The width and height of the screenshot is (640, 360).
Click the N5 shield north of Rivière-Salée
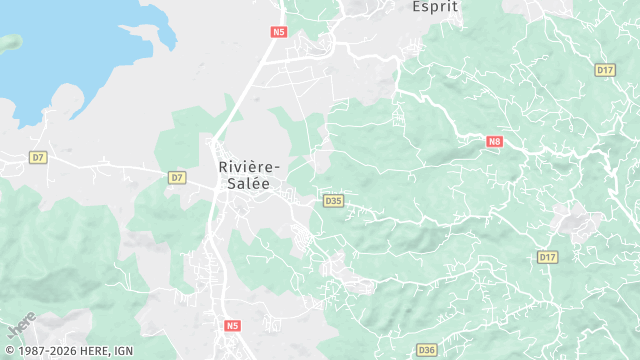279,31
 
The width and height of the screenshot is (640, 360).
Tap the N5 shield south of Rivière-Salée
233,325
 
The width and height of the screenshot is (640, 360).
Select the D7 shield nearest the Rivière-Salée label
177,177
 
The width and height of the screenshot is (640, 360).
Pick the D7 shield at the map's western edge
38,157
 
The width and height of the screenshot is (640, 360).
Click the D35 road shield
334,201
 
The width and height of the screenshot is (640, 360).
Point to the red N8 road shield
494,142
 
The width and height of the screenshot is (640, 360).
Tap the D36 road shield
427,349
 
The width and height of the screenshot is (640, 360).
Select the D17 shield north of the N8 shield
604,70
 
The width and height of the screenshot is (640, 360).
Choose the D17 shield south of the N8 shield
547,257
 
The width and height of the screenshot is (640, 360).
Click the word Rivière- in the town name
250,168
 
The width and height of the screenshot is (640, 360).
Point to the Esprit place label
436,6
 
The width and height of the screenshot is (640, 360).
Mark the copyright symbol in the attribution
8,351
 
